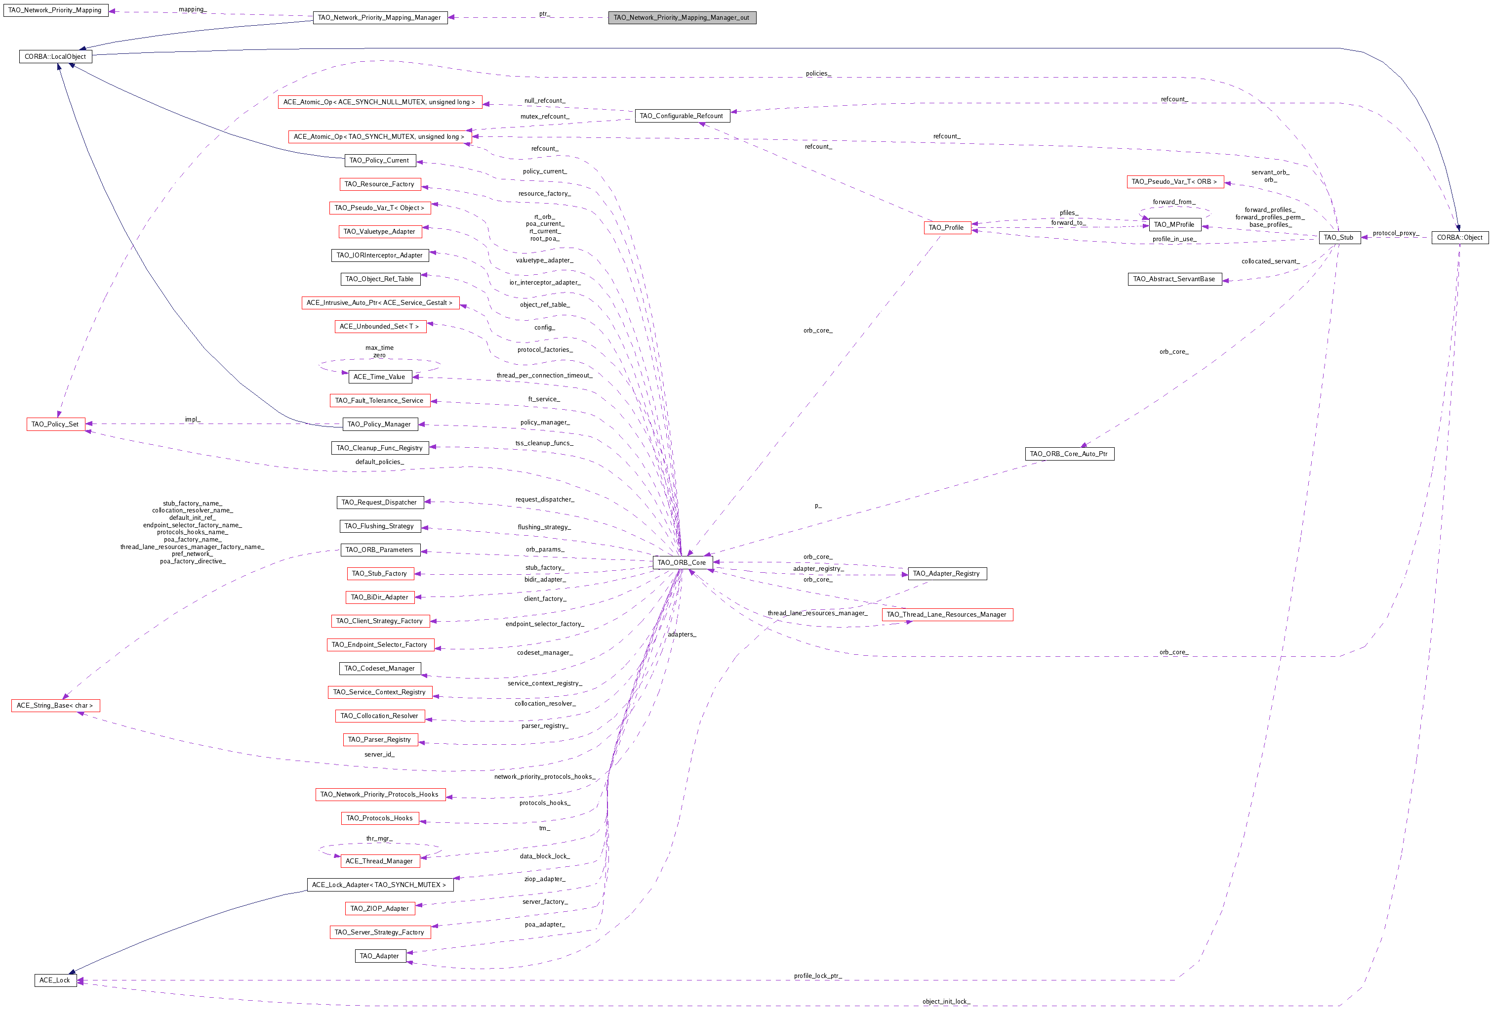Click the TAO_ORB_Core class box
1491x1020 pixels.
[682, 562]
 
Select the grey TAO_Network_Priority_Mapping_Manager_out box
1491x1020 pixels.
[682, 17]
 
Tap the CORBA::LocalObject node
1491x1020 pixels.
[55, 56]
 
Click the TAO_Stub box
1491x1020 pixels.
[1338, 238]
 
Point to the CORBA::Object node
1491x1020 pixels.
[1459, 238]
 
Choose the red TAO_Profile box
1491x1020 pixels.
[947, 227]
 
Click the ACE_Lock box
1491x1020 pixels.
[55, 980]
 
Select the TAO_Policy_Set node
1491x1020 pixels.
[55, 425]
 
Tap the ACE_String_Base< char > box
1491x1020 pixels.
[55, 706]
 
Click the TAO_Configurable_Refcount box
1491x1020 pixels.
[682, 116]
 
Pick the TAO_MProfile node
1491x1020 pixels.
[1174, 225]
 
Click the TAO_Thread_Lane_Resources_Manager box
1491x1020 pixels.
[947, 614]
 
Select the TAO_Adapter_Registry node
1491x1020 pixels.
[947, 573]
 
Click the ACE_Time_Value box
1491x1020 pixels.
[379, 377]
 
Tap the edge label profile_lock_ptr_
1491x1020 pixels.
[817, 976]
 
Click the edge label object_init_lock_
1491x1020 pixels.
[946, 1001]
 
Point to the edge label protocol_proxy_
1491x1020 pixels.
[1395, 233]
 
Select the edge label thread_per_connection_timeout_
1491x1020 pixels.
[544, 376]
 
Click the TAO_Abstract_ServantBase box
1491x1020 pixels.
[1174, 279]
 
